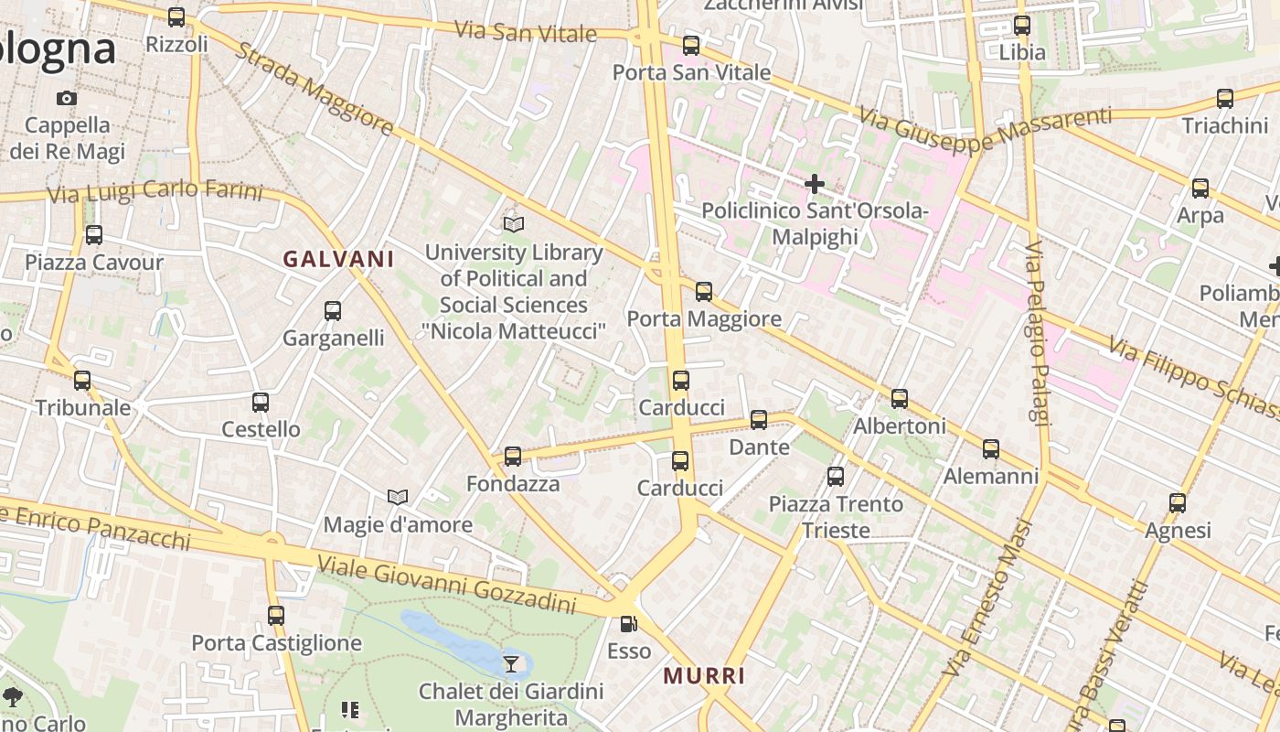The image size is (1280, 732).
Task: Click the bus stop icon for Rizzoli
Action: [176, 16]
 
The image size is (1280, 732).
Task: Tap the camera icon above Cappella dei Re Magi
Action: [67, 98]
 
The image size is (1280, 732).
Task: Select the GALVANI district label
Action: [338, 259]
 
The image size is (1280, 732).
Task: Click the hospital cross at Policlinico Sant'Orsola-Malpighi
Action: [814, 184]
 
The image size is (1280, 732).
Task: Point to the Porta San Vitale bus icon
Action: [691, 45]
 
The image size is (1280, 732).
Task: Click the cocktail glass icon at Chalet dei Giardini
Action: [511, 663]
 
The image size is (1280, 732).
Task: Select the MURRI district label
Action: [704, 676]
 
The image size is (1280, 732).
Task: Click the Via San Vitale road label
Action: [526, 31]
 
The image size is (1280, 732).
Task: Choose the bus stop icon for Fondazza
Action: [513, 456]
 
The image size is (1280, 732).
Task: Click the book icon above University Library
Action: [514, 224]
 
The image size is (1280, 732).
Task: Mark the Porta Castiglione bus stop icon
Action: [276, 616]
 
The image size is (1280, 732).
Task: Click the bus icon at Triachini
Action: [1225, 99]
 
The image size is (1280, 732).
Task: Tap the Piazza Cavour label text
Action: [94, 263]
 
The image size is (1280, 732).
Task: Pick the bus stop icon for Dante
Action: [759, 420]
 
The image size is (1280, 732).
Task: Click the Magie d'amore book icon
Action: [398, 497]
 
